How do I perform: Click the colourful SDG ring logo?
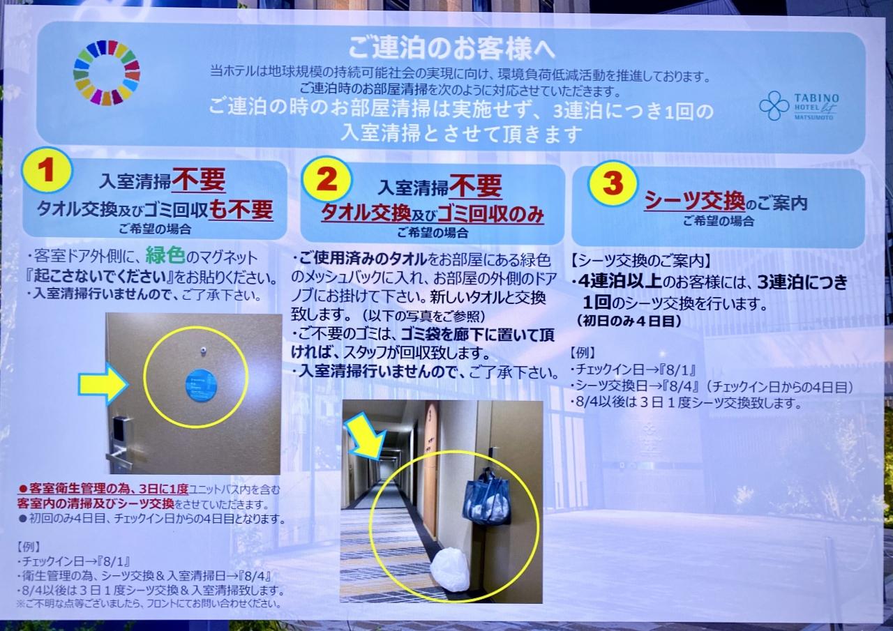point(107,73)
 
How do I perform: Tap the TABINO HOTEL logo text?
point(816,107)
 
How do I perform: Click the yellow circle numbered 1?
point(47,170)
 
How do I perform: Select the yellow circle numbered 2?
point(327,178)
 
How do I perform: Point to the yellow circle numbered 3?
point(613,183)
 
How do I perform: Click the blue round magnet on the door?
point(202,385)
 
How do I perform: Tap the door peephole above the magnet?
point(203,350)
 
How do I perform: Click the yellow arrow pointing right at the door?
point(103,384)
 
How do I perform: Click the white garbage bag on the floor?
point(450,570)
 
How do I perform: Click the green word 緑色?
point(165,256)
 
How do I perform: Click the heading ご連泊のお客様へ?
point(451,49)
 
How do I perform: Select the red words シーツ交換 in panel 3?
point(694,202)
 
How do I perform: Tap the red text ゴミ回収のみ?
point(490,214)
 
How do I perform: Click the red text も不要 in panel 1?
point(241,210)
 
